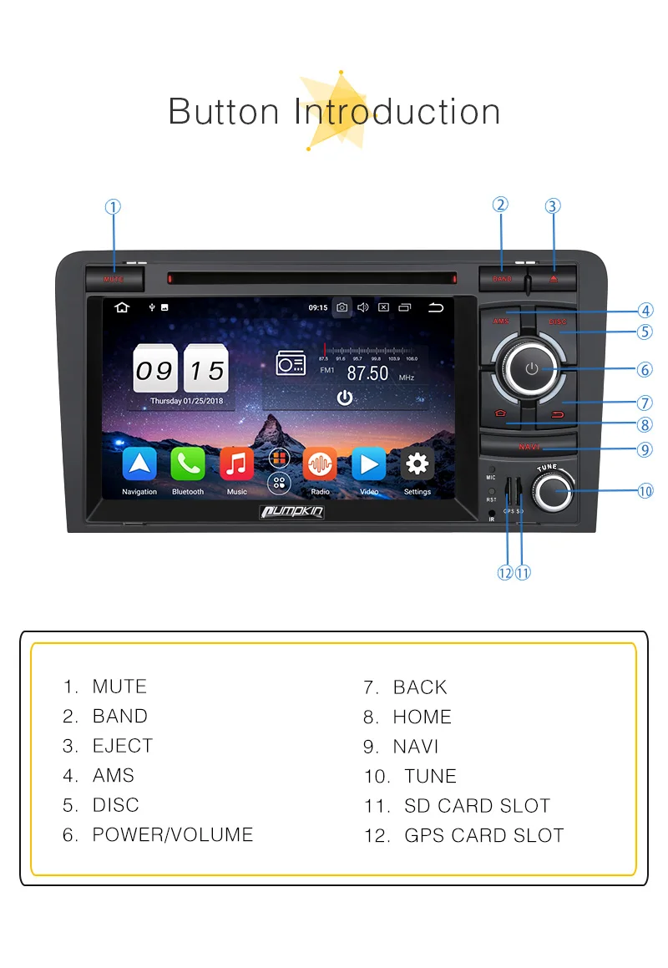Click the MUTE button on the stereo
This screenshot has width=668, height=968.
114,278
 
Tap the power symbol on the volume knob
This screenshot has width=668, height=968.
532,368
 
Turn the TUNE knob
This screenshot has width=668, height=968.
554,492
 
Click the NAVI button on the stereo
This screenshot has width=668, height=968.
529,447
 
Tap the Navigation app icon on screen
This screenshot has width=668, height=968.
139,464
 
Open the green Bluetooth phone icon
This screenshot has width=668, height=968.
188,464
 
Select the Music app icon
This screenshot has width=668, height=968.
236,464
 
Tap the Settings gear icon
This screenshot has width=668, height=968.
417,464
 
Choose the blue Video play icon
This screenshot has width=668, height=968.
368,464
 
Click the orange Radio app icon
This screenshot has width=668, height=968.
320,464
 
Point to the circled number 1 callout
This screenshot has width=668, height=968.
113,206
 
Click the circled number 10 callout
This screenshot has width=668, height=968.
645,491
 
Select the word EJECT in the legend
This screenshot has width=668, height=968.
123,746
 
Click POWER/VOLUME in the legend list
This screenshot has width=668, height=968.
172,834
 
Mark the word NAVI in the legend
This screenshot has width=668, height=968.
416,747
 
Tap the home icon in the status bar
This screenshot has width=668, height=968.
122,307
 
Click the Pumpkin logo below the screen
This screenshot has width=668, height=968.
291,511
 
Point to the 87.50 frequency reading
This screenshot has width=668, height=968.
367,373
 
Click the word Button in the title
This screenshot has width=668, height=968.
224,112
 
